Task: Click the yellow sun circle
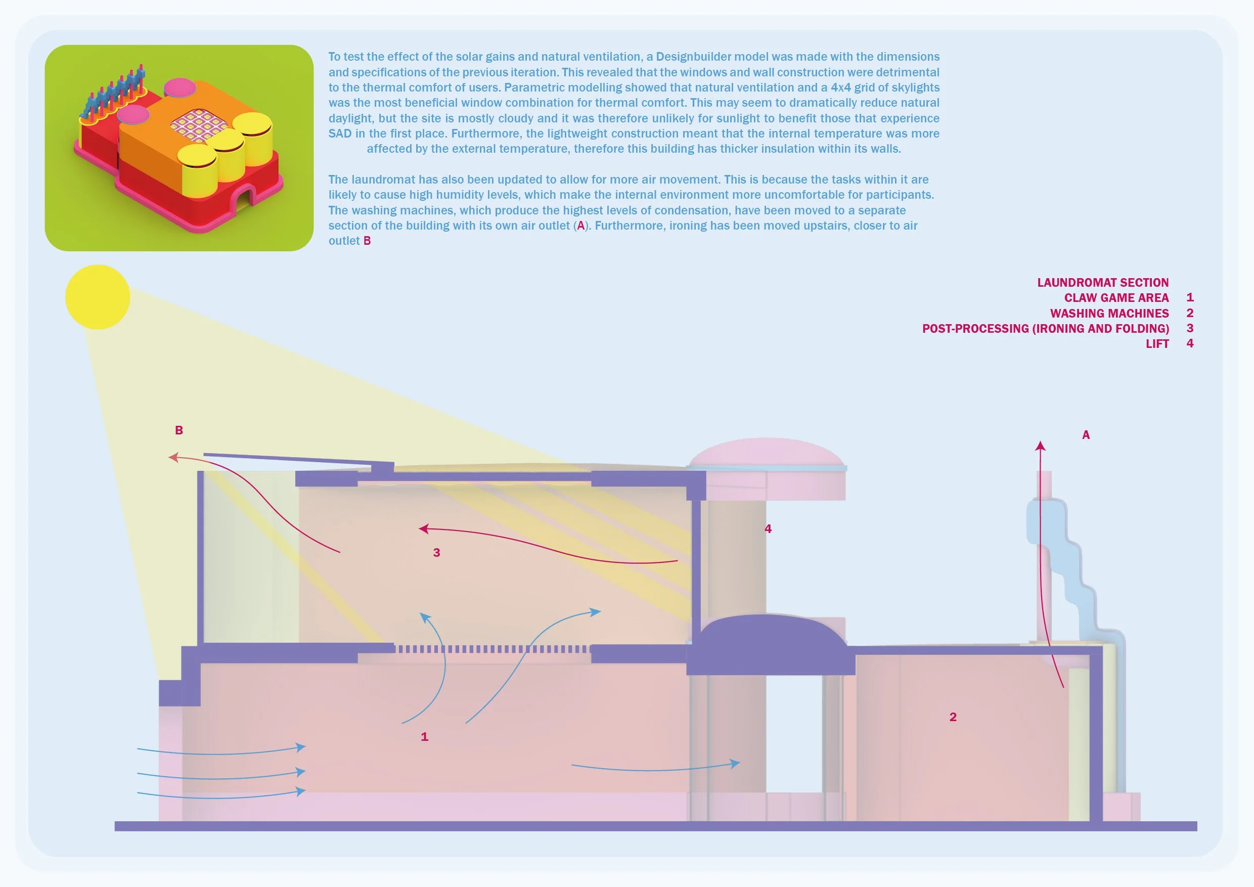point(97,297)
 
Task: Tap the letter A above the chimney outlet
point(1086,435)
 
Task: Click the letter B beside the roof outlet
point(178,430)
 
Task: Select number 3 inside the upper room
point(436,553)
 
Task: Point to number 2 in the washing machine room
point(953,717)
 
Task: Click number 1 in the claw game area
point(424,737)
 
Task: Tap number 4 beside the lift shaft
point(768,528)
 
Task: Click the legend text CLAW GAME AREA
point(1116,298)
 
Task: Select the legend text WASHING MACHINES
point(1109,314)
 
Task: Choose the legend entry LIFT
point(1157,344)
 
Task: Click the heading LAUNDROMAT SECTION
point(1103,282)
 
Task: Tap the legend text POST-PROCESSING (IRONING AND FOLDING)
point(1045,329)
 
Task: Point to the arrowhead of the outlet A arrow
point(1041,446)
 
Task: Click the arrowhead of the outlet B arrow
point(173,457)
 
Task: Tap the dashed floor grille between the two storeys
point(492,649)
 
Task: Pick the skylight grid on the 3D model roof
point(199,124)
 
